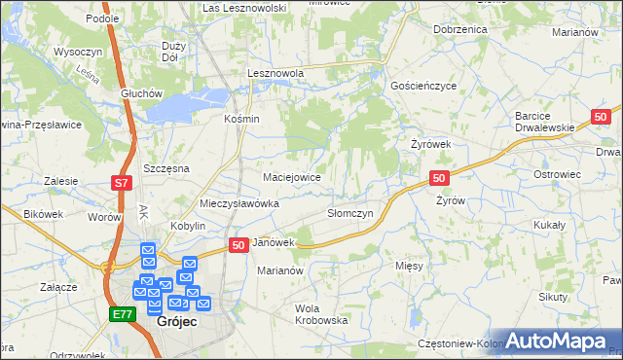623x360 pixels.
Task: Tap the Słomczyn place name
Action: pos(349,213)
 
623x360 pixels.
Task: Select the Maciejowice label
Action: pos(292,177)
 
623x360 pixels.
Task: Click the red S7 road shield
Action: pos(120,183)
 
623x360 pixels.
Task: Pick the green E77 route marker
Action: pos(121,313)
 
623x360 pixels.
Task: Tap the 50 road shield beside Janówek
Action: pos(238,246)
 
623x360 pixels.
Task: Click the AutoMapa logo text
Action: pos(558,341)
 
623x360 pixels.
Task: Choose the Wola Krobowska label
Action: pos(321,313)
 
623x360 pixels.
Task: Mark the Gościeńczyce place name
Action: pos(422,86)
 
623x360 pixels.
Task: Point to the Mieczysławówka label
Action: pos(238,204)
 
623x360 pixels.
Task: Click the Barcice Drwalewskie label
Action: pos(546,122)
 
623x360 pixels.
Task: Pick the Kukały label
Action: pos(549,224)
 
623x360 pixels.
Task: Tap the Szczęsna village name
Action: pos(165,168)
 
